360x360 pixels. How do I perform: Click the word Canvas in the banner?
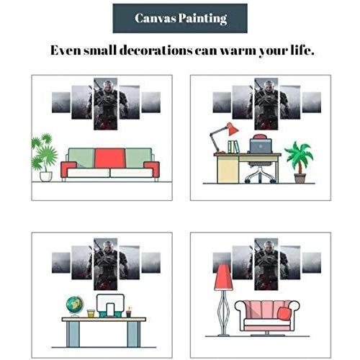pyautogui.click(x=155, y=18)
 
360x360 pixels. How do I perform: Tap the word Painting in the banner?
pyautogui.click(x=203, y=19)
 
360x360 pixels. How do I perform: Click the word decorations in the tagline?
pyautogui.click(x=156, y=50)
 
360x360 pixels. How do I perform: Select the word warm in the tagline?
pyautogui.click(x=238, y=50)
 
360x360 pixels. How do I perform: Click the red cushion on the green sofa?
pyautogui.click(x=110, y=158)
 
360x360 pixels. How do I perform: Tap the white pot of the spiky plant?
pyautogui.click(x=46, y=176)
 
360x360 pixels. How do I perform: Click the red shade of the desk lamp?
pyautogui.click(x=233, y=129)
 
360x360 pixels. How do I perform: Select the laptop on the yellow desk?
pyautogui.click(x=261, y=146)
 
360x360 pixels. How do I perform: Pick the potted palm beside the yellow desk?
pyautogui.click(x=300, y=162)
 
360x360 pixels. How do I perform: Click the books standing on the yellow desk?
pyautogui.click(x=233, y=147)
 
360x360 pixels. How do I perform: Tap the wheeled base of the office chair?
pyautogui.click(x=260, y=176)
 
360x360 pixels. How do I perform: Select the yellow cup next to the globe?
pyautogui.click(x=91, y=314)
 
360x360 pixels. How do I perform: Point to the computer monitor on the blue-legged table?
pyautogui.click(x=110, y=305)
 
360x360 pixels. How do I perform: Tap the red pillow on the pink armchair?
pyautogui.click(x=284, y=312)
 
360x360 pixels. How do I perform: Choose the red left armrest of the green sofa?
pyautogui.click(x=68, y=169)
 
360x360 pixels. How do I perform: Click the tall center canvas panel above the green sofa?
pyautogui.click(x=105, y=104)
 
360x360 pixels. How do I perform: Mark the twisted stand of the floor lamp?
pyautogui.click(x=223, y=312)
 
